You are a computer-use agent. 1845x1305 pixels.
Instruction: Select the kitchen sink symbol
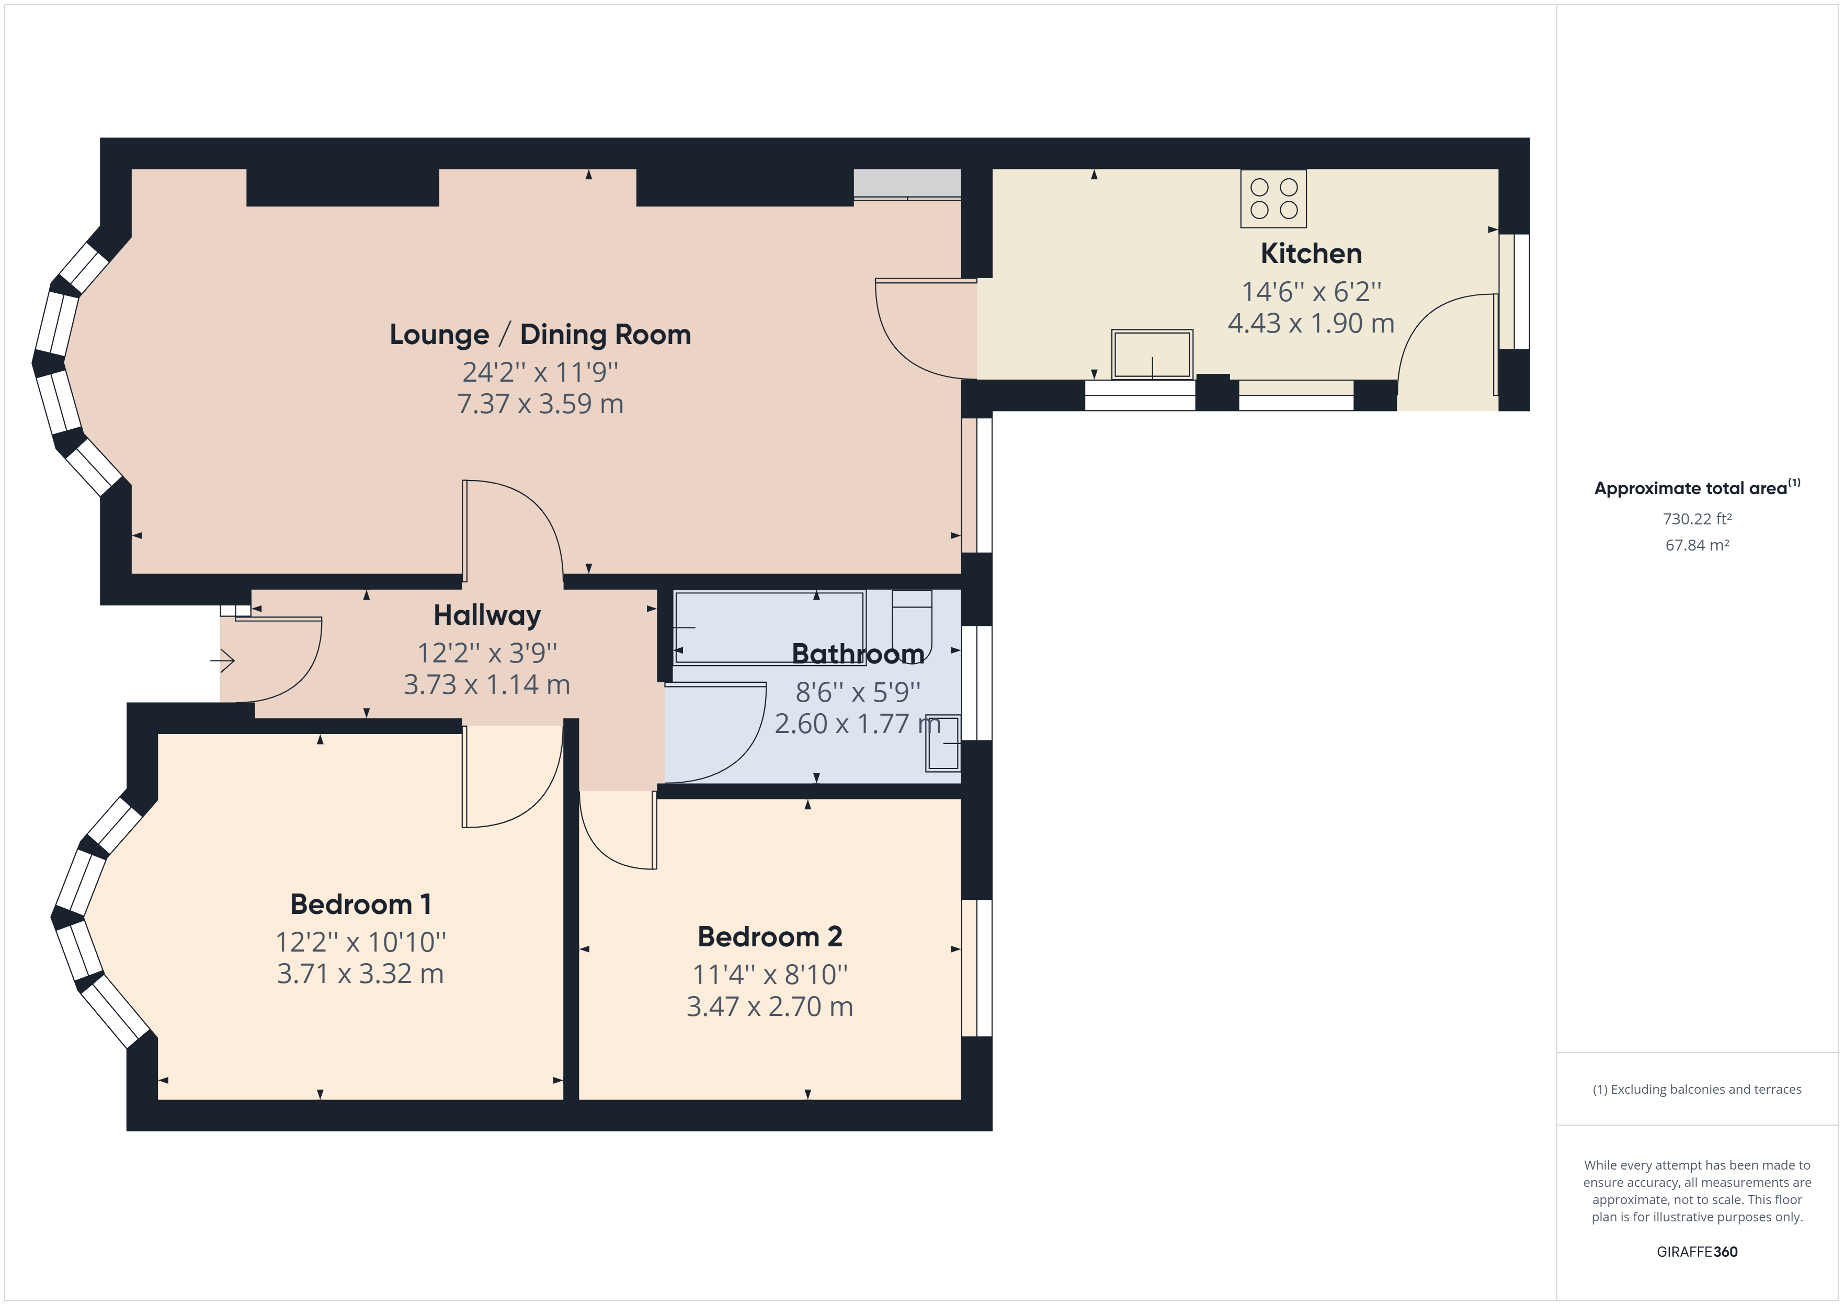point(1152,353)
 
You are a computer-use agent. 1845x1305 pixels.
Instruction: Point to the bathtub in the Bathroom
point(769,627)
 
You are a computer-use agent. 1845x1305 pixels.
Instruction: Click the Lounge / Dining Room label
point(540,334)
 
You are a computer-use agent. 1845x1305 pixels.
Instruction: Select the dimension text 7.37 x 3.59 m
point(540,404)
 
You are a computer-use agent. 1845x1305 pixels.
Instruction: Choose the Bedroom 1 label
point(361,905)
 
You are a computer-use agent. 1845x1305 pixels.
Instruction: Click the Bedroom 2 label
point(770,937)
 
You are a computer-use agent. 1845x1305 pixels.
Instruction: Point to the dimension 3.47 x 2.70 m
point(770,1007)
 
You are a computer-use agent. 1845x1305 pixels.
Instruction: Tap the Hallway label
point(487,615)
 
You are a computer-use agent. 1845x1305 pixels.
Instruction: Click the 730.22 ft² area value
point(1697,519)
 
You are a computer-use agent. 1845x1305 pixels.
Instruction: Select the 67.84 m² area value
point(1697,545)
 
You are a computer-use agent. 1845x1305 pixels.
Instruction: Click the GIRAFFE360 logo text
point(1697,1252)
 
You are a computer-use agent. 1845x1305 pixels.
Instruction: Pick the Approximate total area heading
point(1697,488)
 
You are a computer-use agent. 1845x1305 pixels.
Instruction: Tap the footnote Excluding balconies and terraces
point(1697,1090)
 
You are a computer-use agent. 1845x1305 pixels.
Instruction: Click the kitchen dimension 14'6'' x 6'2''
point(1312,292)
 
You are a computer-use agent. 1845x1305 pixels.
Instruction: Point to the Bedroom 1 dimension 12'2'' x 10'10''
point(361,942)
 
